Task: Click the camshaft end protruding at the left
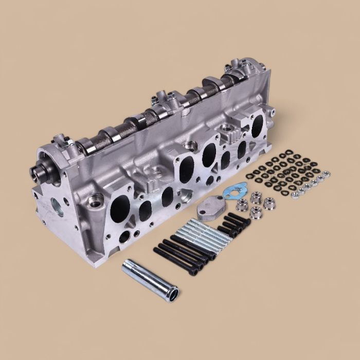[x=38, y=172]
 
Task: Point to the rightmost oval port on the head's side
[x=257, y=123]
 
